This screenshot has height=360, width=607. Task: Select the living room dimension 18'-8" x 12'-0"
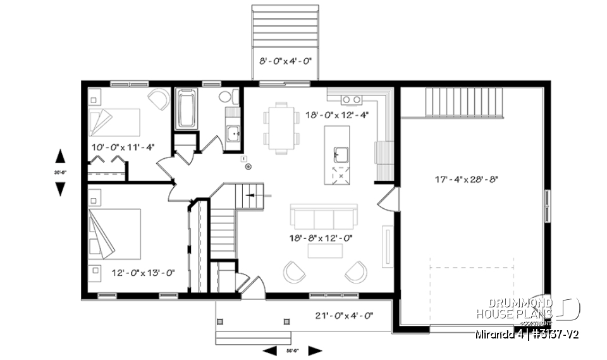pyautogui.click(x=320, y=239)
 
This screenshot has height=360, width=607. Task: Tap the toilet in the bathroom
pyautogui.click(x=227, y=97)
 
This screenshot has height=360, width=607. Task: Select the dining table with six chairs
pyautogui.click(x=282, y=128)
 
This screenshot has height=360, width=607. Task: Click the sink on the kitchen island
pyautogui.click(x=341, y=152)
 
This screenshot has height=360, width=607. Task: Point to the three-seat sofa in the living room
pyautogui.click(x=323, y=218)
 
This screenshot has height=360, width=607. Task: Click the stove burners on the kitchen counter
pyautogui.click(x=352, y=99)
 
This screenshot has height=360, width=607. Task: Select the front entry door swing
pyautogui.click(x=252, y=289)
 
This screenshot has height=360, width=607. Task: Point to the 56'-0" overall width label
pyautogui.click(x=293, y=350)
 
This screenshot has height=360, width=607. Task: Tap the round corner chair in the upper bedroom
pyautogui.click(x=158, y=99)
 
